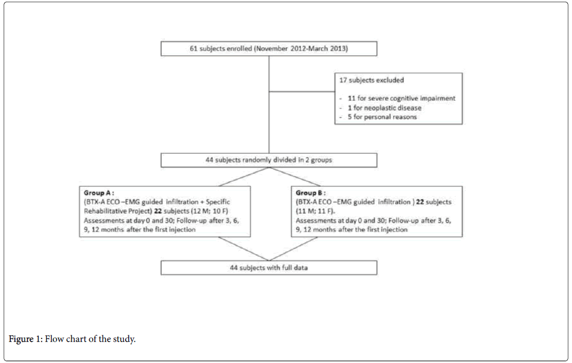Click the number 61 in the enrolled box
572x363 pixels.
coord(194,49)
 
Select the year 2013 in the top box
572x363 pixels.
coord(338,49)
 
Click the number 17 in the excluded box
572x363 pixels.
coord(343,80)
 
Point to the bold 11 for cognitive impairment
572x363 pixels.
coord(351,98)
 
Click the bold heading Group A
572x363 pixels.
coord(99,192)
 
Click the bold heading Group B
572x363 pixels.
coord(311,192)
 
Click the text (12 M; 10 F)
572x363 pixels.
coord(209,211)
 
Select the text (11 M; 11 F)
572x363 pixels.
coord(315,211)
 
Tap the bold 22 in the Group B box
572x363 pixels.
coord(420,202)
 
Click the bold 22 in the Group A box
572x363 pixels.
coord(158,211)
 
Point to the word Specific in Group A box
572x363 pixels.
coord(218,202)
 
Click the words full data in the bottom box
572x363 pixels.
coord(295,267)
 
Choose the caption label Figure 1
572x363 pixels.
coord(26,339)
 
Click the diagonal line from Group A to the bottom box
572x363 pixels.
coord(243,249)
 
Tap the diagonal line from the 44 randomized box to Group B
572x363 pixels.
coord(295,177)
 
